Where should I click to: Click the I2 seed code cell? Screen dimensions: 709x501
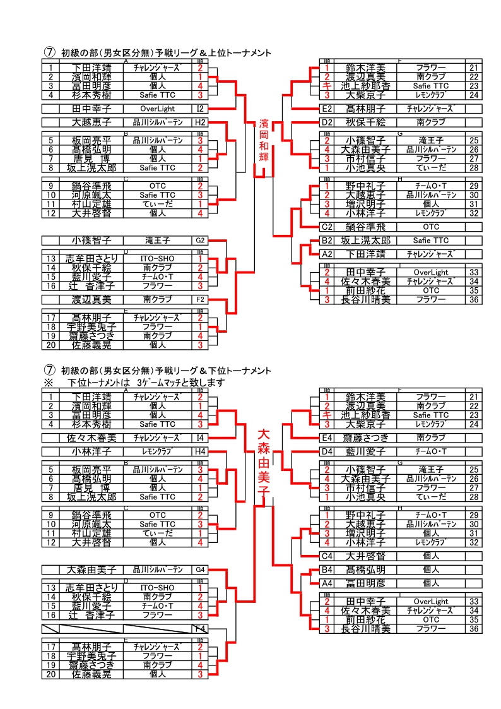200,109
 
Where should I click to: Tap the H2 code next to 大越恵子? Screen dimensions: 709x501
200,122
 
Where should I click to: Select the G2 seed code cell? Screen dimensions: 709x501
200,240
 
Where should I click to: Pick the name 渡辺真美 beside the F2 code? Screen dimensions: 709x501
91,299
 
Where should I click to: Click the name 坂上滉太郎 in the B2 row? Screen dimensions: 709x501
365,241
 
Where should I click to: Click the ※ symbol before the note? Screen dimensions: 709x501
47,383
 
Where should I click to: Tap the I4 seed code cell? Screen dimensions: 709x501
200,437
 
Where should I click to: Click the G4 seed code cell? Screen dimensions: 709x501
200,569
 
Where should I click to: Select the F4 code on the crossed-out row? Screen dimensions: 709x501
200,629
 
